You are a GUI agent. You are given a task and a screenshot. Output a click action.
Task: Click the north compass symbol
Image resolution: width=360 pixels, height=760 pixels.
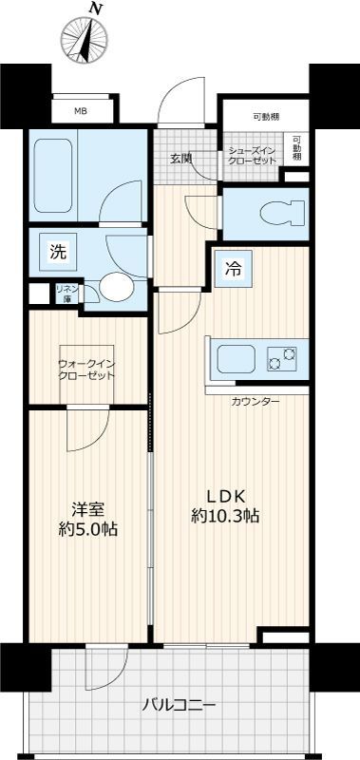pos(83,39)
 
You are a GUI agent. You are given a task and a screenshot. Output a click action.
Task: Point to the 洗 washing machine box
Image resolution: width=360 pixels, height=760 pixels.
pos(58,253)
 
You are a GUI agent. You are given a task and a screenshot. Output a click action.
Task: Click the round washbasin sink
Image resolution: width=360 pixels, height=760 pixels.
pos(118,287)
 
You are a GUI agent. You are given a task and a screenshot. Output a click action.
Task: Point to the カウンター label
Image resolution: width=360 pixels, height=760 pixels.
pos(255,401)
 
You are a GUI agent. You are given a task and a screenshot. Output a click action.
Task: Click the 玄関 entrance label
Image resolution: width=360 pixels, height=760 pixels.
pos(181,158)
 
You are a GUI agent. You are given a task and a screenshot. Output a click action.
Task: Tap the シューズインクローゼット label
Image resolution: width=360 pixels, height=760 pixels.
pos(253,156)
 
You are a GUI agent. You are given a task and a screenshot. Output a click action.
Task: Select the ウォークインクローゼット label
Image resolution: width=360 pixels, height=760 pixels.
pos(86,369)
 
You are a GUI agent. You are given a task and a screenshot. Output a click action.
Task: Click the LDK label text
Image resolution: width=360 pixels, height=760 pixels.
pos(227,496)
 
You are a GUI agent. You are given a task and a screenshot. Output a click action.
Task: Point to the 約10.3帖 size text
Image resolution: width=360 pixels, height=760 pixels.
pos(226,517)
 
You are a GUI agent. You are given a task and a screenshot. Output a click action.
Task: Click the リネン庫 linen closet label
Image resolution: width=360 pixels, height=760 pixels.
pos(66,293)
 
